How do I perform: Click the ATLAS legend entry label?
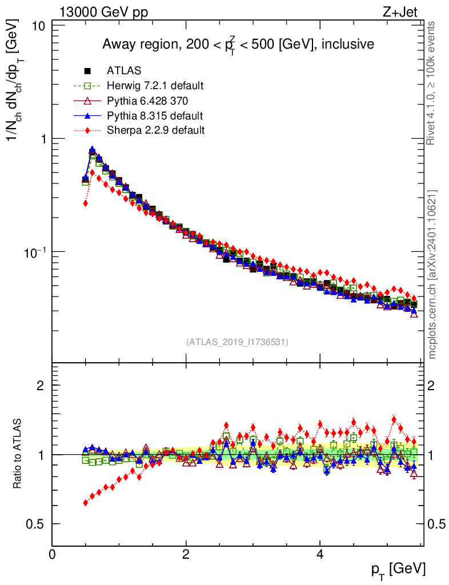124,71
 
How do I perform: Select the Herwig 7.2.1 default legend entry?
155,86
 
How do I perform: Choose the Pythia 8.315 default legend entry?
155,115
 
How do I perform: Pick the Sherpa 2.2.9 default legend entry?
155,130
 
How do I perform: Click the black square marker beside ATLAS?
88,71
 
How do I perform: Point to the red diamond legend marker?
88,130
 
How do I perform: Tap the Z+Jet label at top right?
404,11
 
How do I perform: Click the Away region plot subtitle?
238,44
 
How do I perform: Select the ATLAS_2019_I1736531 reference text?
237,342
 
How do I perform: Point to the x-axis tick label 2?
186,555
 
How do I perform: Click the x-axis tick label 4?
320,555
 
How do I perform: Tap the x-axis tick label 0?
53,555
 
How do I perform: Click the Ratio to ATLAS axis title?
18,454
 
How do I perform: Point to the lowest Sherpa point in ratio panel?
86,503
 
